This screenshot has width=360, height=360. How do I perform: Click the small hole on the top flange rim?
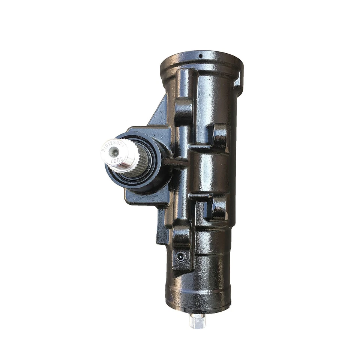(200, 56)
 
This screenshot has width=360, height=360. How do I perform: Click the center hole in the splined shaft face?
(115, 152)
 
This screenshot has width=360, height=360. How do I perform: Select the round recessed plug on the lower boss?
(181, 256)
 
